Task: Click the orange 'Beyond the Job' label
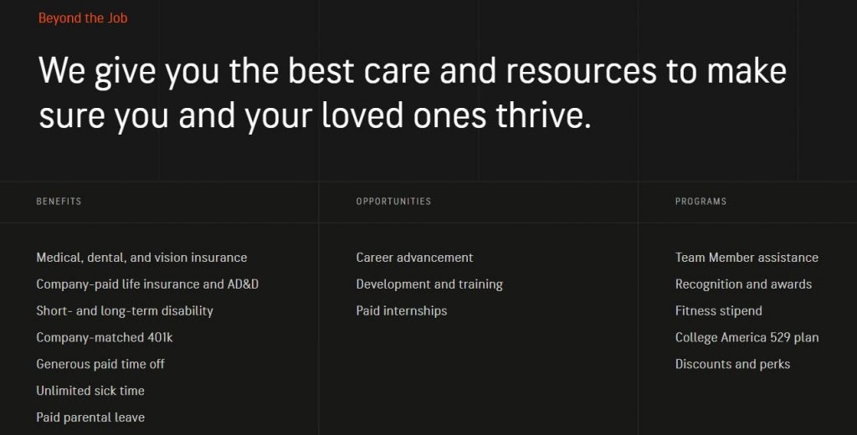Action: click(83, 18)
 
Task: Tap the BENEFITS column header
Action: click(59, 201)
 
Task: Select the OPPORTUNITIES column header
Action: click(393, 201)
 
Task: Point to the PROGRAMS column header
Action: click(700, 201)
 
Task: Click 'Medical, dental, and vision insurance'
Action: click(141, 258)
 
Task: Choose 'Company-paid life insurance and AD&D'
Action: click(147, 284)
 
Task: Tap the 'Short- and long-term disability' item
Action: click(125, 311)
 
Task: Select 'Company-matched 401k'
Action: click(105, 338)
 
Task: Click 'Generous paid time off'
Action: click(100, 364)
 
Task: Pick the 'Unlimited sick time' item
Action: click(90, 391)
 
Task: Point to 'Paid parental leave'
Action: click(90, 417)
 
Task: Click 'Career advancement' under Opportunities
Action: click(414, 258)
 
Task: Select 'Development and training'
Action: click(429, 284)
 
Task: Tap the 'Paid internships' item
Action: click(401, 311)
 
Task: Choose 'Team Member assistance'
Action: click(747, 258)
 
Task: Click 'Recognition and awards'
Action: click(743, 284)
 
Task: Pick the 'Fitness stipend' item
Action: click(718, 311)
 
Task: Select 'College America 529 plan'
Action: click(747, 338)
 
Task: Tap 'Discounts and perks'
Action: click(732, 364)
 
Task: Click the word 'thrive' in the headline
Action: click(540, 115)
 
